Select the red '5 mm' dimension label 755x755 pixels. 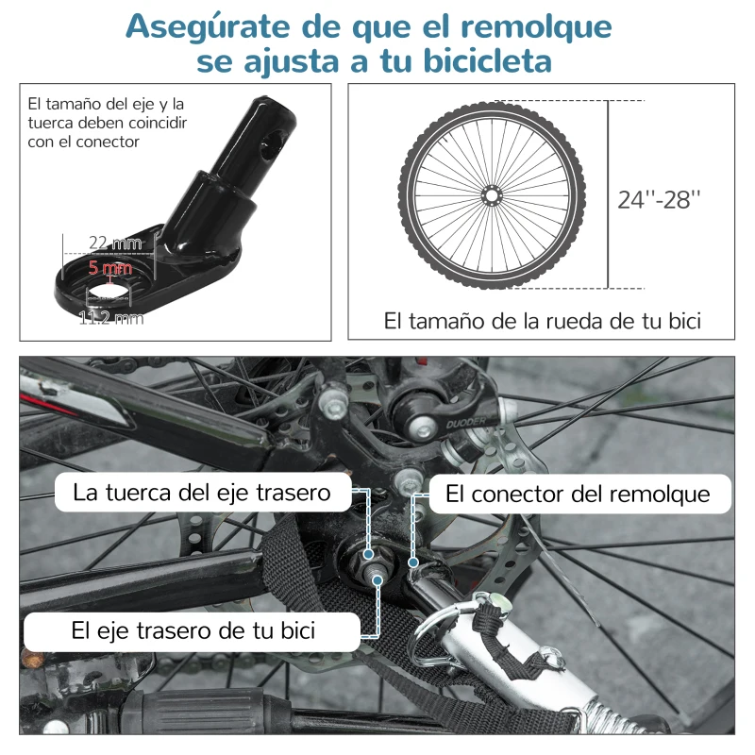tap(111, 267)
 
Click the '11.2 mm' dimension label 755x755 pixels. tap(111, 318)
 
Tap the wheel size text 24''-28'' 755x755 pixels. tap(660, 200)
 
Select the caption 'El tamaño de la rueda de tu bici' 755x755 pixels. tap(542, 321)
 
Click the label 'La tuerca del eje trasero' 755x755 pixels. tap(201, 493)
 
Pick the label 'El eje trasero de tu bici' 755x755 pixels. tap(193, 629)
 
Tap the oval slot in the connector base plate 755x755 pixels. tap(112, 285)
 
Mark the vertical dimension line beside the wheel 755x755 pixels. tap(608, 194)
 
